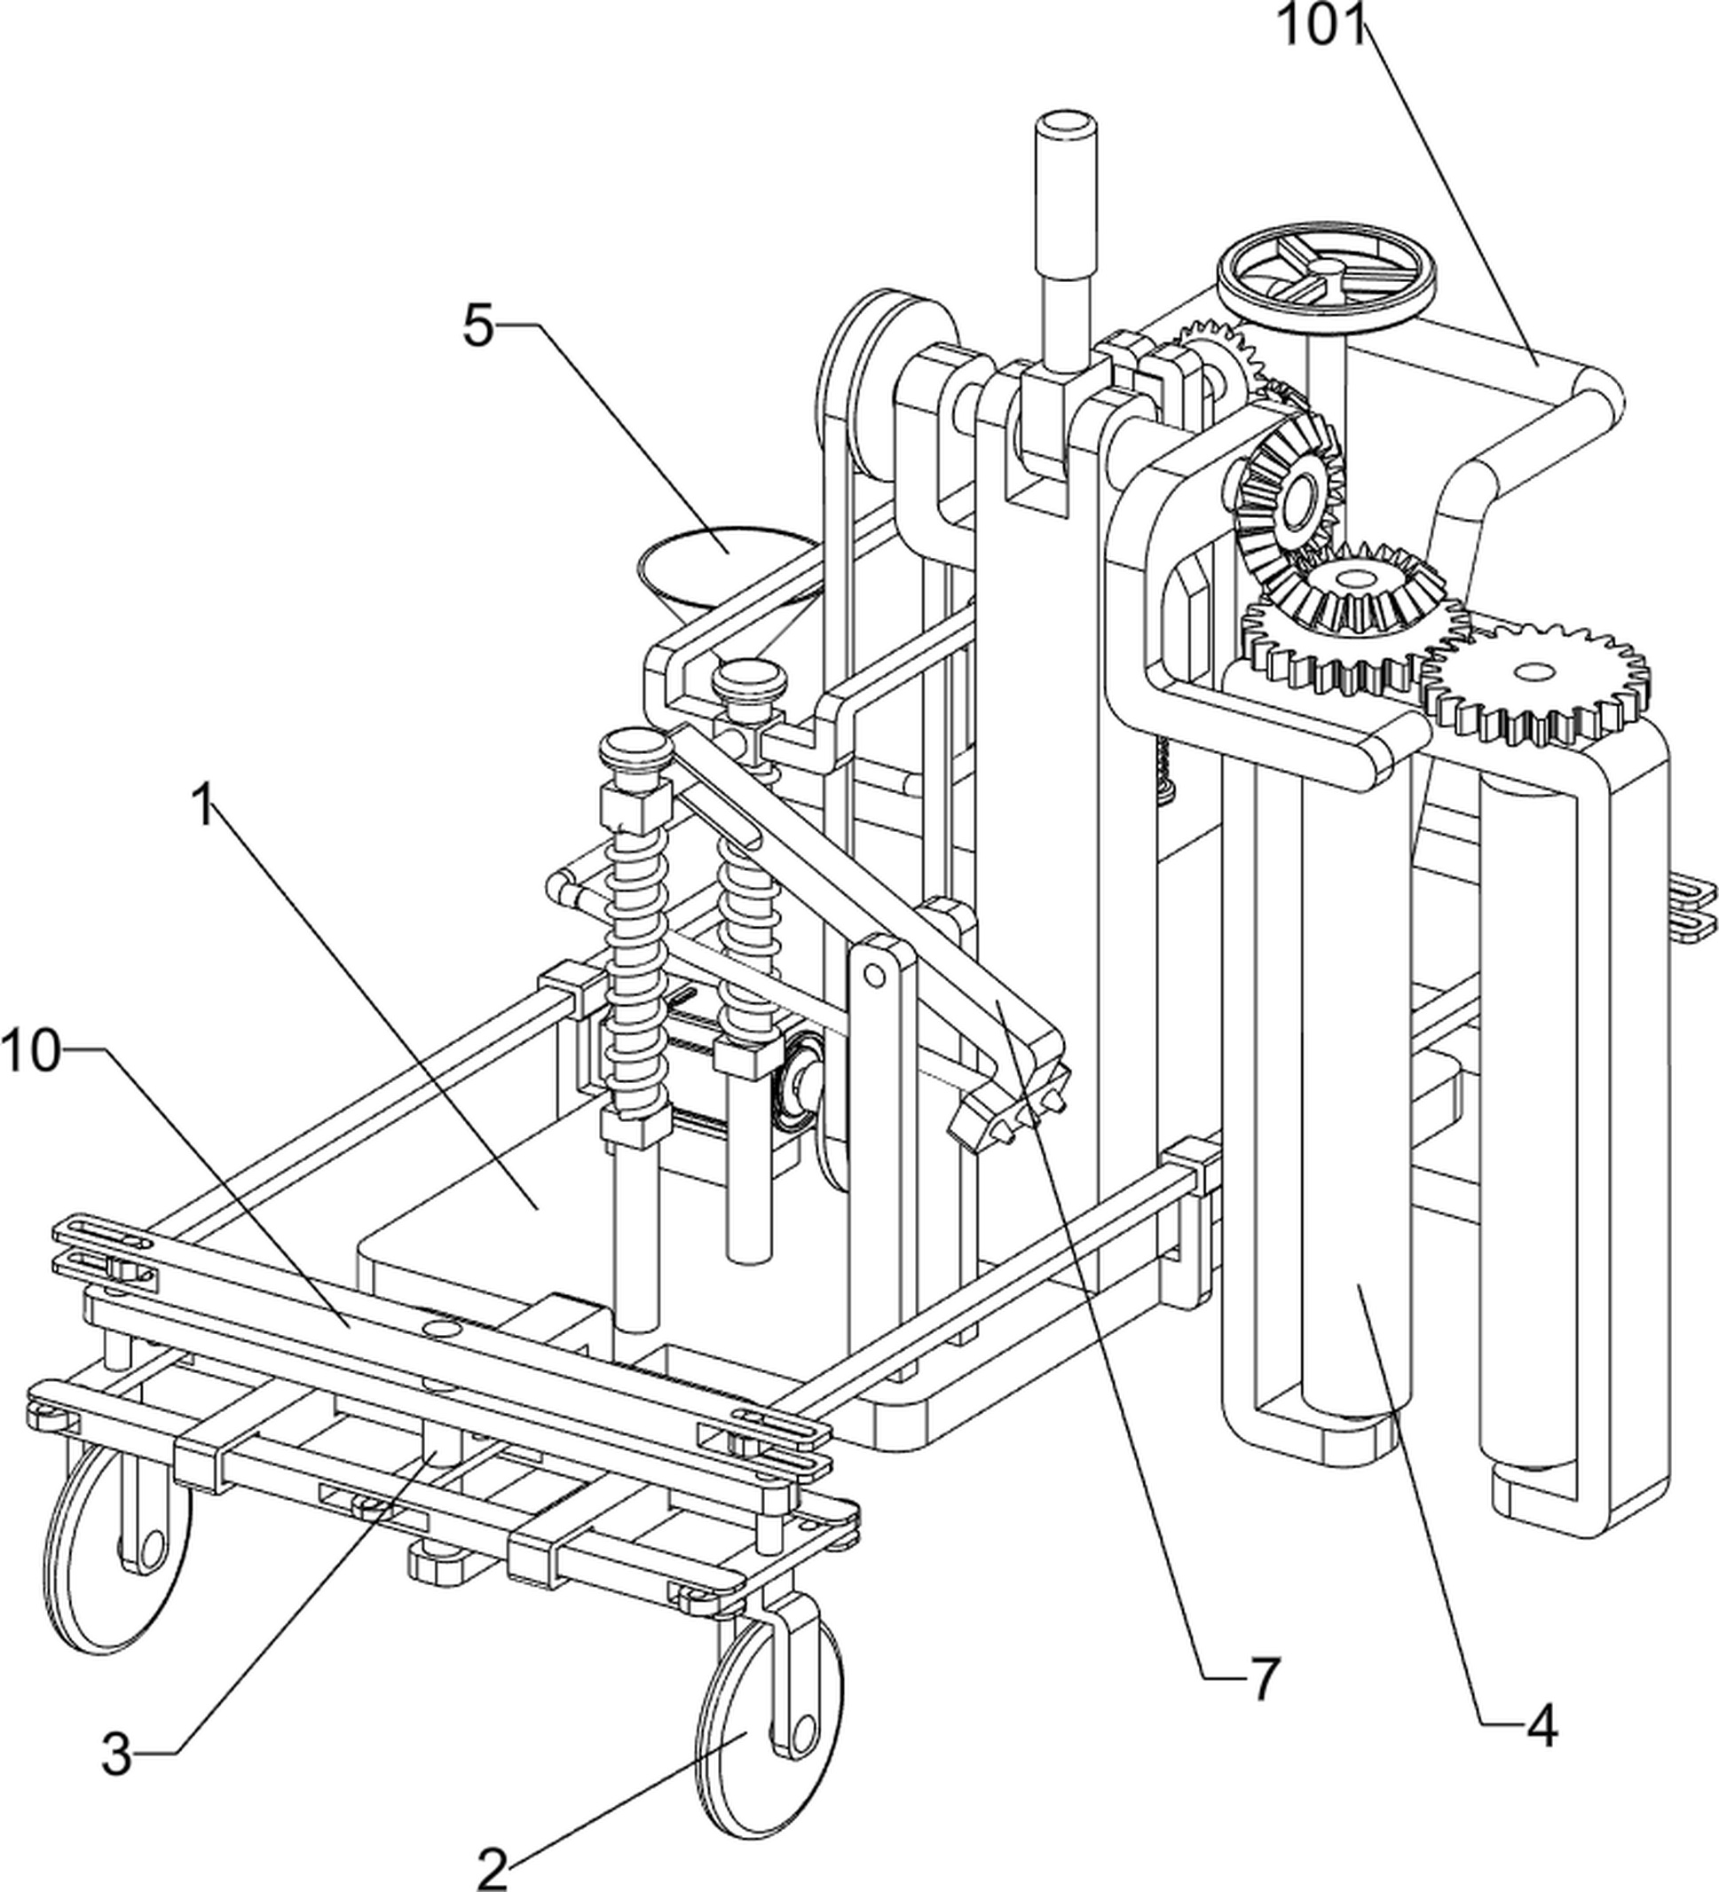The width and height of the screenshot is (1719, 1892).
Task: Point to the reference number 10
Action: click(x=32, y=1052)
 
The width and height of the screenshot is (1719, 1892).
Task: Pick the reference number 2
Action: click(x=492, y=1866)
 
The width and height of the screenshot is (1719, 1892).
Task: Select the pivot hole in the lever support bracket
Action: click(x=874, y=976)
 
